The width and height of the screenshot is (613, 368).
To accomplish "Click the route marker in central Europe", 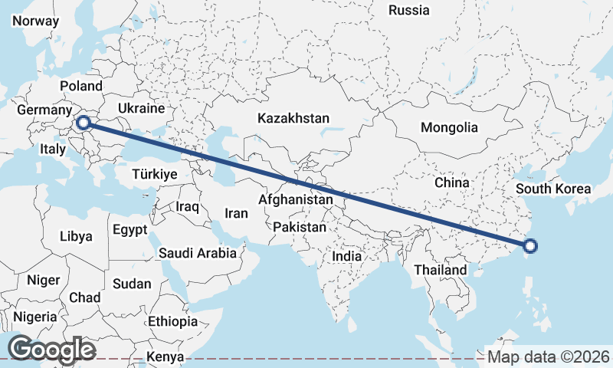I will tap(84, 121).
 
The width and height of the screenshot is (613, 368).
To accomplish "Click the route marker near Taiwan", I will tap(530, 246).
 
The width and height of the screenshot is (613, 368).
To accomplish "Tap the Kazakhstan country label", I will tap(293, 119).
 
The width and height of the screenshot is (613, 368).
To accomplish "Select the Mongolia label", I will tap(449, 128).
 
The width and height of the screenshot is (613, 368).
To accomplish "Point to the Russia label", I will tap(409, 10).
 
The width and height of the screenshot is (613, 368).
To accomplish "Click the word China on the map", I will tap(451, 182).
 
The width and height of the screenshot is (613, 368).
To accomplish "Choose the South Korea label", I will tap(553, 189).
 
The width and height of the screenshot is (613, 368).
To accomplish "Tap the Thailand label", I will tap(440, 270).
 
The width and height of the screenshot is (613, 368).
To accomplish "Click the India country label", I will tap(347, 257).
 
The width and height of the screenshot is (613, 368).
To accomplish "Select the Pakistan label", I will tap(299, 228).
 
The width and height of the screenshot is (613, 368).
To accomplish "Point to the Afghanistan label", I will tap(297, 200).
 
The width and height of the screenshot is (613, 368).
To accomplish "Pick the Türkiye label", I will tap(155, 174).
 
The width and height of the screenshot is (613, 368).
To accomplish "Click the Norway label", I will tap(36, 21).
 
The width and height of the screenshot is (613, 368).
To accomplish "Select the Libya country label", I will tap(76, 236).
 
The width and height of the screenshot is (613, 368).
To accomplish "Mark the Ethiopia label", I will tap(172, 320).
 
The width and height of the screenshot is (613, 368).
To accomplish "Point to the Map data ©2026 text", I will tap(549, 356).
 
